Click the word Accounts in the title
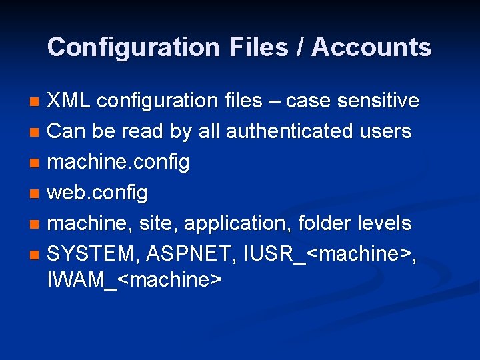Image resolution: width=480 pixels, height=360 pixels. (372, 47)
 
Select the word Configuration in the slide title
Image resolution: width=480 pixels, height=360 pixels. (133, 47)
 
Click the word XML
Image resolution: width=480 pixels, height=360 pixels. (70, 101)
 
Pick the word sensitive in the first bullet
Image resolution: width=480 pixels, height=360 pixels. (378, 101)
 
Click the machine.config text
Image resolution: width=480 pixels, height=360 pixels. (119, 162)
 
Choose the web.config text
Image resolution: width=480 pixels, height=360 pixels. (97, 193)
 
